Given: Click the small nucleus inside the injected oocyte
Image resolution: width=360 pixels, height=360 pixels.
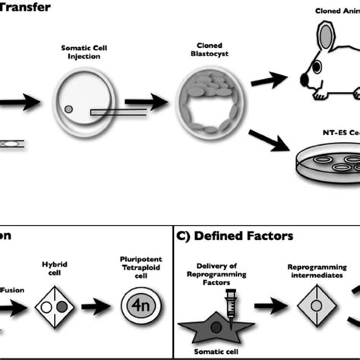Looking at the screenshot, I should pyautogui.click(x=68, y=109).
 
